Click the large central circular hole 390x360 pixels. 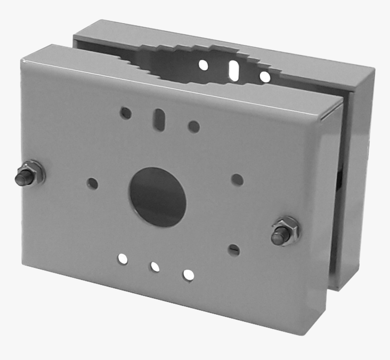[x=158, y=197]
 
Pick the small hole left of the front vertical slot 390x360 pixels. [x=126, y=113]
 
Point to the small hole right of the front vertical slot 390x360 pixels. [x=194, y=126]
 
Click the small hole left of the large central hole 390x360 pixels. [x=93, y=183]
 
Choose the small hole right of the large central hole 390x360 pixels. [x=237, y=180]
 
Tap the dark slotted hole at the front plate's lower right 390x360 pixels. [x=234, y=250]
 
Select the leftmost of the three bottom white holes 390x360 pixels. [x=123, y=259]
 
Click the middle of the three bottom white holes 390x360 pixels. [x=155, y=267]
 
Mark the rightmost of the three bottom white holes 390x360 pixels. [x=188, y=275]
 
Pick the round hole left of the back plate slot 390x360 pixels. [x=203, y=65]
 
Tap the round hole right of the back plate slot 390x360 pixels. [x=265, y=77]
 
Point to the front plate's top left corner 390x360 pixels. [x=23, y=59]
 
